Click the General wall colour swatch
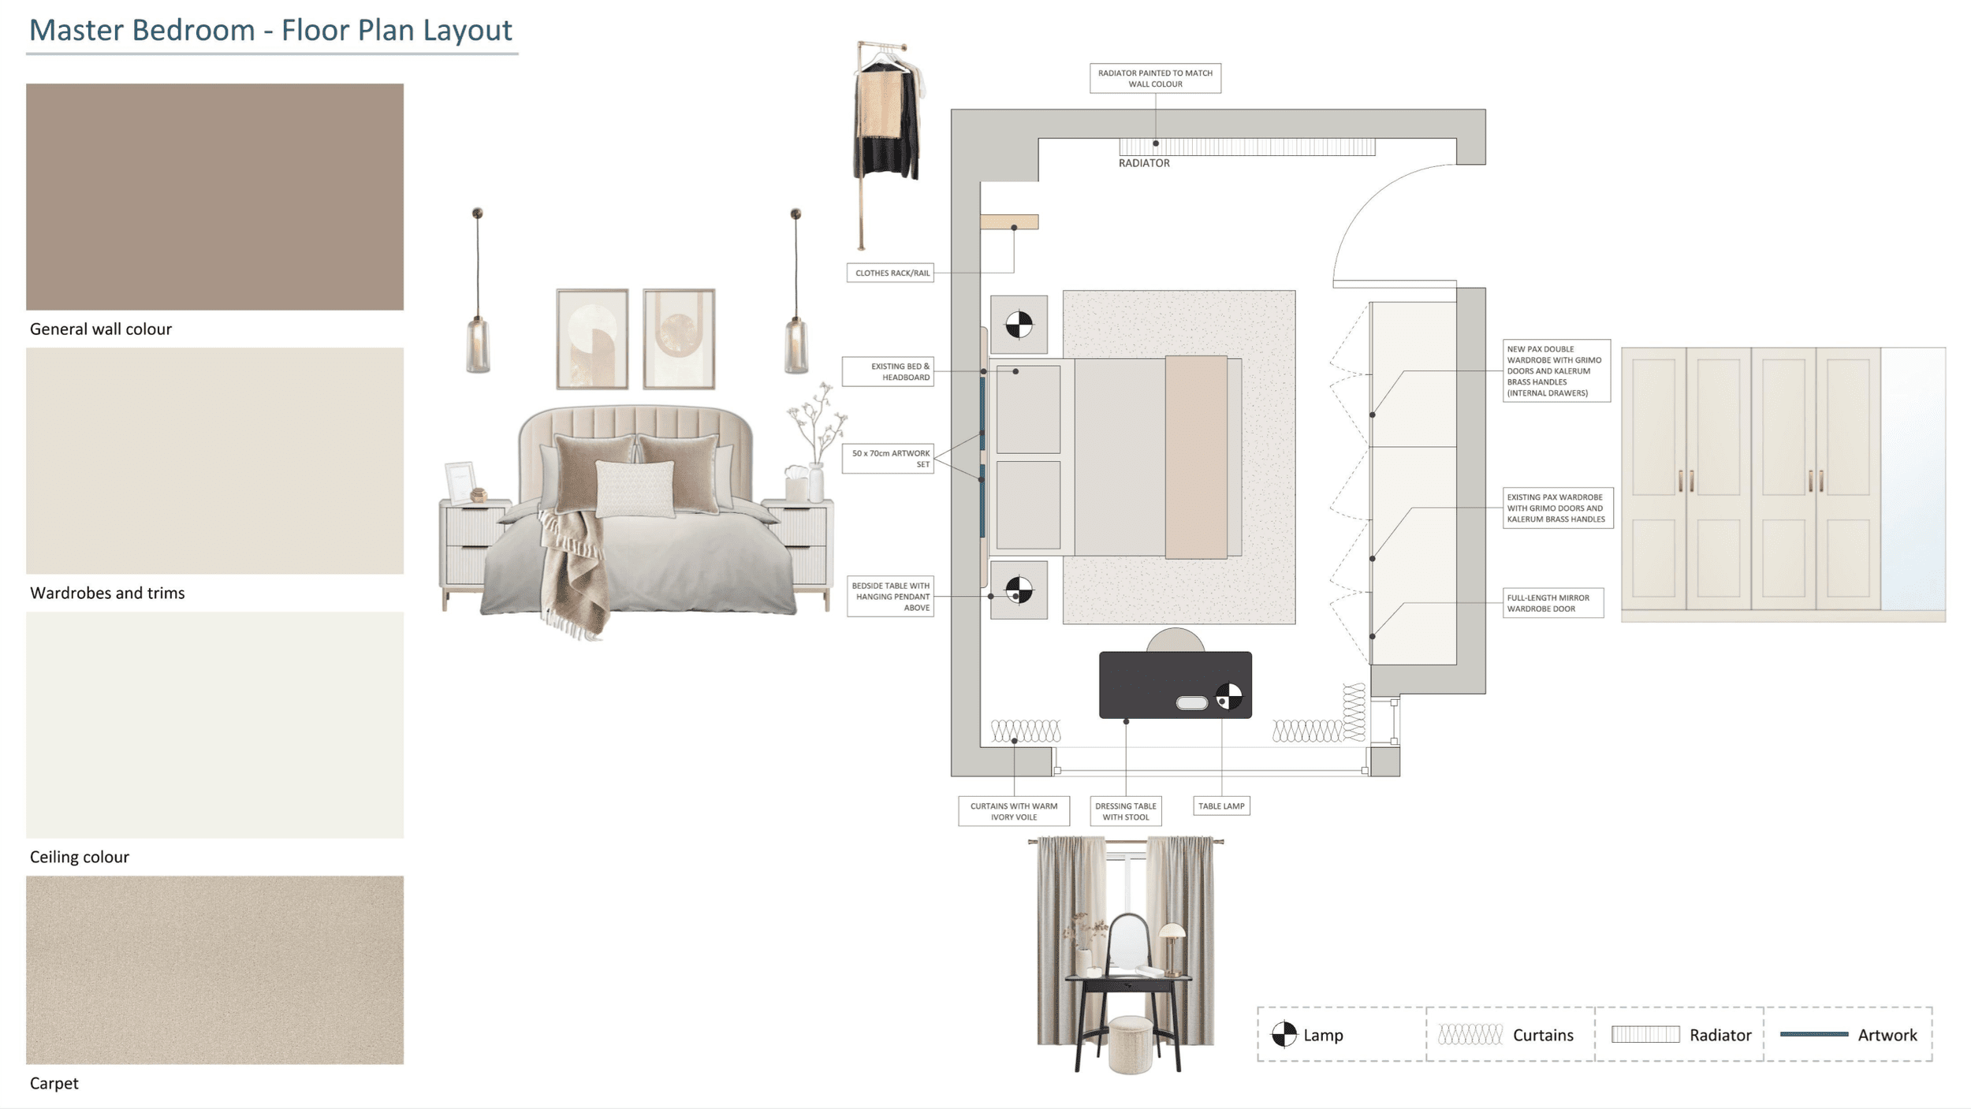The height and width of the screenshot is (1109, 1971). coord(214,196)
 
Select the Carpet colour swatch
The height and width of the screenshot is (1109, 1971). coord(214,969)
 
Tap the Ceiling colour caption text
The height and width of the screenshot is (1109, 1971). coord(79,857)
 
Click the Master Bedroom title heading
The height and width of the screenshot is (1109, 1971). coord(270,30)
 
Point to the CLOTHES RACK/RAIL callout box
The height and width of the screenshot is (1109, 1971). coord(890,273)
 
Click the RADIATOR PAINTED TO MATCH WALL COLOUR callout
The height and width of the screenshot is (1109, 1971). coord(1155,78)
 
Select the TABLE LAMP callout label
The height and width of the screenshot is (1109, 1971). coord(1221,806)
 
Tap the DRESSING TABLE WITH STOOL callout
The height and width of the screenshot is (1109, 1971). coord(1126,811)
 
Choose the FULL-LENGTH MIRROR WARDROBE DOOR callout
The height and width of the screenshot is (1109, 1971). coord(1553,603)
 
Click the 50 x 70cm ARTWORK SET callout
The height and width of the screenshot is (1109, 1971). coord(888,459)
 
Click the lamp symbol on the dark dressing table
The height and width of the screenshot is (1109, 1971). coord(1228,697)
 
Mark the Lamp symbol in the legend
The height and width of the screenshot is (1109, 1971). coord(1284,1034)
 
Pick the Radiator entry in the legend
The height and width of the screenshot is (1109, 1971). coord(1680,1035)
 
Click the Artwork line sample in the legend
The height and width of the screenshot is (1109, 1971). coord(1814,1034)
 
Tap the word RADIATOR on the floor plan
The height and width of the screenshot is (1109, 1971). coord(1144,163)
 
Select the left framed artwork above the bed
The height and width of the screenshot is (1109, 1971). coord(592,339)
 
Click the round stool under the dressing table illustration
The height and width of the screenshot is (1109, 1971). coord(1130,1044)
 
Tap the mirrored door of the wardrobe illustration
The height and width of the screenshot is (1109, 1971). coord(1913,478)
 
